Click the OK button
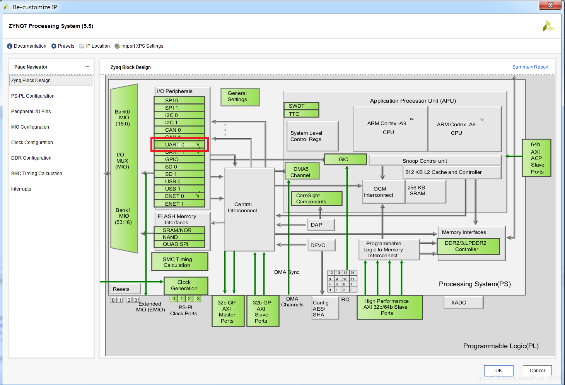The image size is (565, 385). (x=498, y=370)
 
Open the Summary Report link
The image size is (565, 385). (x=530, y=67)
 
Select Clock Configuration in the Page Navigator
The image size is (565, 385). (x=32, y=143)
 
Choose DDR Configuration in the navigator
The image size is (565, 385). (x=31, y=158)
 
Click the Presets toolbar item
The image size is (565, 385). (x=63, y=46)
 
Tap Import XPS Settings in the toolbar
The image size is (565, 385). (x=139, y=46)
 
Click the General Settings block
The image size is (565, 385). (x=240, y=97)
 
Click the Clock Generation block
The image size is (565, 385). (x=186, y=285)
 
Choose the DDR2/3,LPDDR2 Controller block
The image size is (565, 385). (x=468, y=246)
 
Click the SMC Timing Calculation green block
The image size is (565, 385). (x=179, y=262)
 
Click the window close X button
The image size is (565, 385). (x=550, y=5)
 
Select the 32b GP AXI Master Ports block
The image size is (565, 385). (x=228, y=311)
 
